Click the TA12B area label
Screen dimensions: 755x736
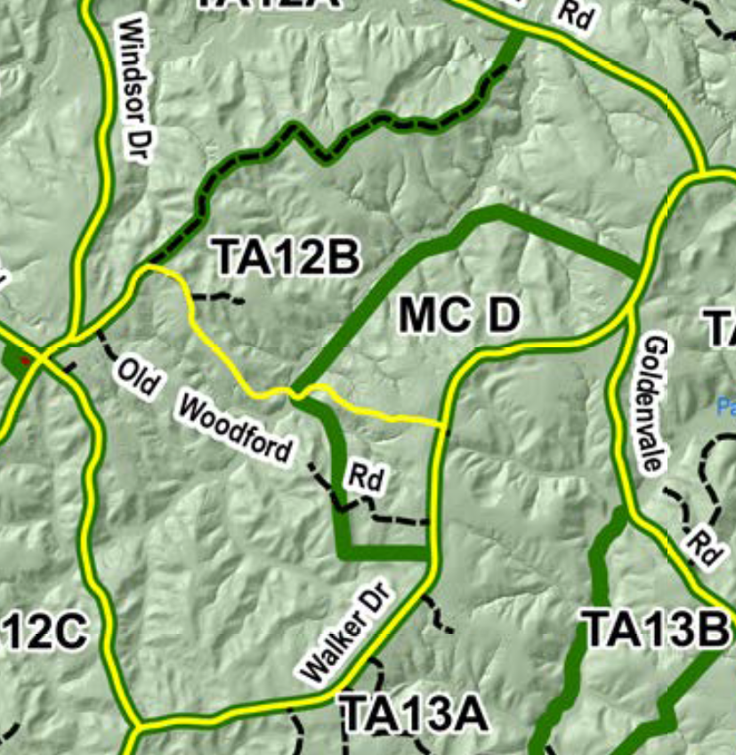point(287,257)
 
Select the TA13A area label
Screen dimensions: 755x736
point(414,713)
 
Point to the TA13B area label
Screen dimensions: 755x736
point(654,631)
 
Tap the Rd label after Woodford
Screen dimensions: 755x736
point(366,477)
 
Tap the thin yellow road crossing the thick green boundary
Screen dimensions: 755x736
point(295,392)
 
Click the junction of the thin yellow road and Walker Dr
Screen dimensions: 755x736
point(444,426)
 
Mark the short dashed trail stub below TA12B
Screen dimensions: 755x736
point(219,298)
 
